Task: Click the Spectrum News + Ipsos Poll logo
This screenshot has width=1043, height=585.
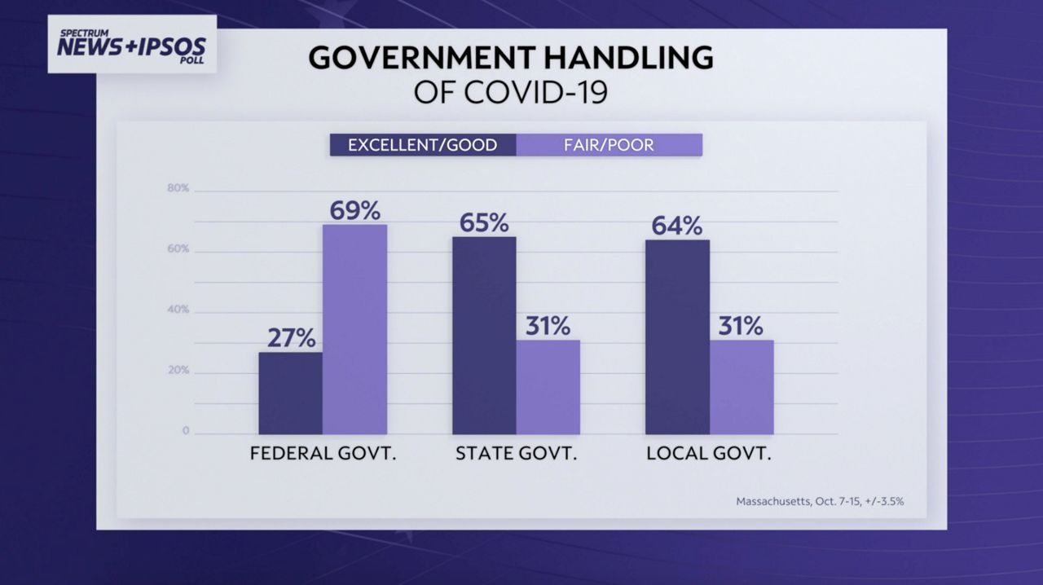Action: [132, 46]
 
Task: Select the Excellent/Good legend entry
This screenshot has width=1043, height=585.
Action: [422, 145]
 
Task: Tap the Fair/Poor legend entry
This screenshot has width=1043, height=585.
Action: [609, 145]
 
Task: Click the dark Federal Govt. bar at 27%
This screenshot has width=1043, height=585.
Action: [290, 393]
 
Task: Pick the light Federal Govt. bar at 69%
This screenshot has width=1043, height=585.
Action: [354, 329]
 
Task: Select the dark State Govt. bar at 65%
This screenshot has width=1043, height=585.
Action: [484, 335]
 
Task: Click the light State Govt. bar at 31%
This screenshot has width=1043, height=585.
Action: [548, 387]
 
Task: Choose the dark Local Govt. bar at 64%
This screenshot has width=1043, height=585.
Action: [677, 336]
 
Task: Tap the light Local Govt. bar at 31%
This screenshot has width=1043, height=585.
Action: [741, 387]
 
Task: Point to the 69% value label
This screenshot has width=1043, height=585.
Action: [354, 211]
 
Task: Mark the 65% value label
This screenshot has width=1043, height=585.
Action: [484, 222]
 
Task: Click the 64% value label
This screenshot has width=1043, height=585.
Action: [677, 226]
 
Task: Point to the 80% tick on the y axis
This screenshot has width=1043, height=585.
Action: [178, 188]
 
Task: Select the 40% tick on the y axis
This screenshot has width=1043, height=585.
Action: [178, 310]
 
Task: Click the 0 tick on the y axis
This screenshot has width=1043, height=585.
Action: [186, 431]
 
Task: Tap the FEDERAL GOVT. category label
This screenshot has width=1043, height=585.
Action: [323, 454]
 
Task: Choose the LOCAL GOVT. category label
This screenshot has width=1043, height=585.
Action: [708, 454]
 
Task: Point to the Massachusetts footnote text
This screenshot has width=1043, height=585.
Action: [820, 501]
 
